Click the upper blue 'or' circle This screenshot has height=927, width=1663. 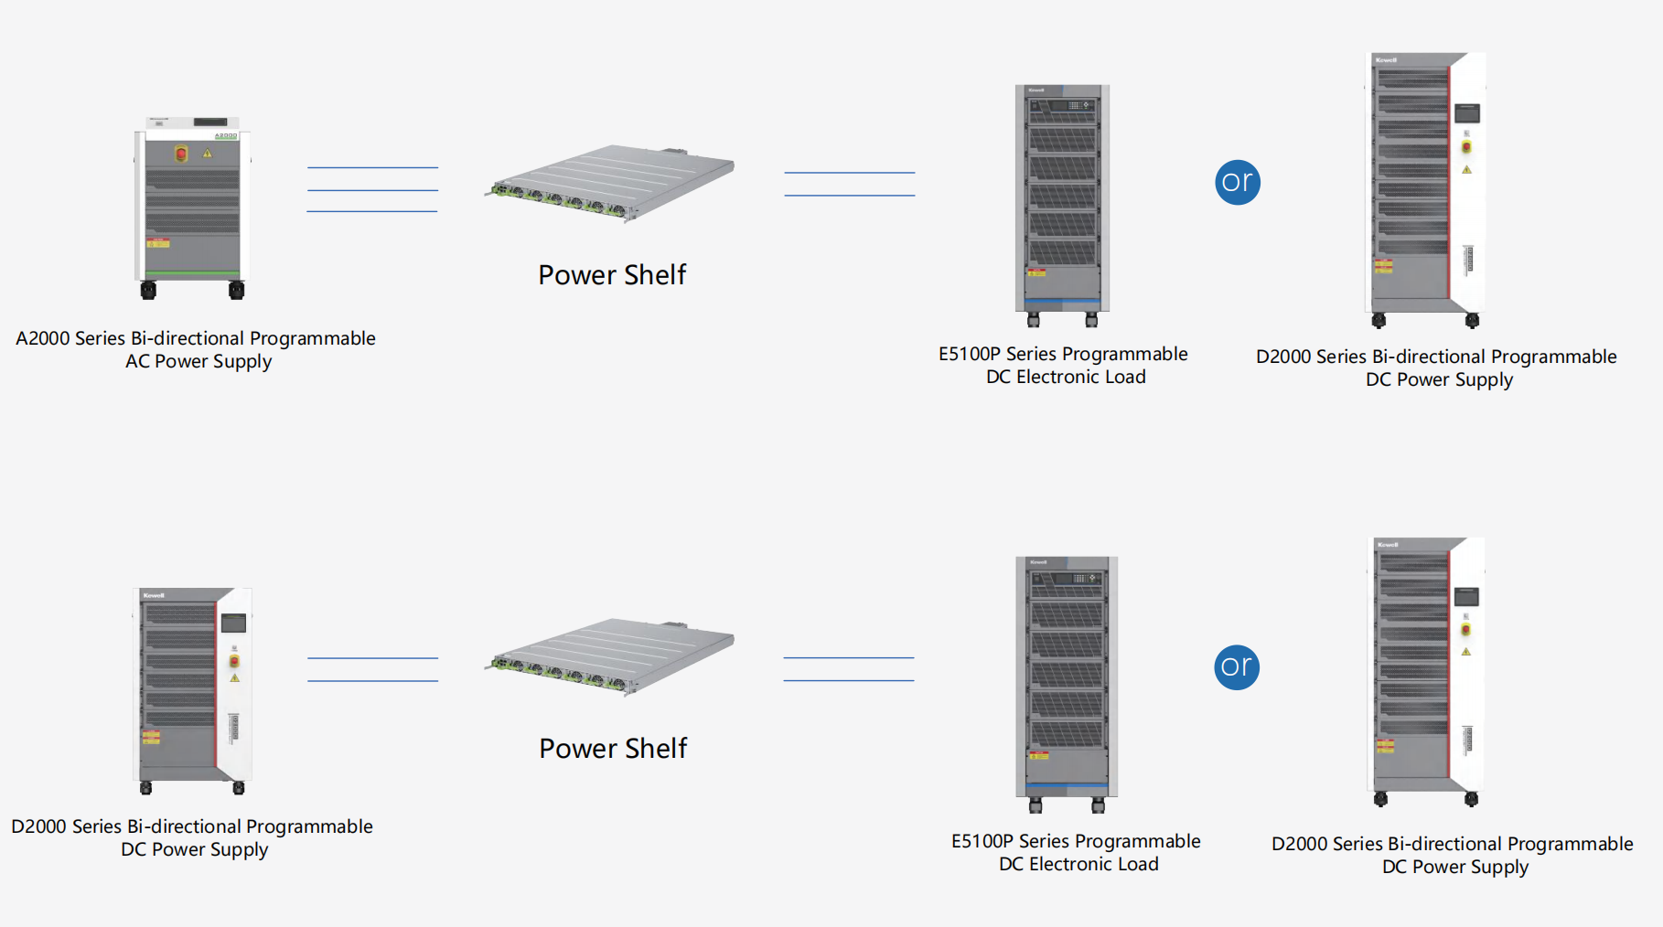pos(1237,182)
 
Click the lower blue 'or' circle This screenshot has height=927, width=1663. pos(1237,666)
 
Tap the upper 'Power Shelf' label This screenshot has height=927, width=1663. pos(612,275)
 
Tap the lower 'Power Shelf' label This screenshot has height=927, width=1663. pos(613,749)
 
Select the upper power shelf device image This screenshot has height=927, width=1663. pos(610,183)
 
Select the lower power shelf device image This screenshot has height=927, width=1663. pos(610,656)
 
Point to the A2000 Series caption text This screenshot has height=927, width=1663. pos(196,349)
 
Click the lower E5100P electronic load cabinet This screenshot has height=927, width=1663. pos(1067,681)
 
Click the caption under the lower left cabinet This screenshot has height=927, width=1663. pos(192,837)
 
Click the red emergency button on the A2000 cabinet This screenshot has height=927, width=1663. pos(181,154)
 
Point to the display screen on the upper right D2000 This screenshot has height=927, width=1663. pos(1466,114)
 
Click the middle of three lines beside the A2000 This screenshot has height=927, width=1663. pos(372,190)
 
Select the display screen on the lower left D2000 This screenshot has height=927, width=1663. pos(234,623)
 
